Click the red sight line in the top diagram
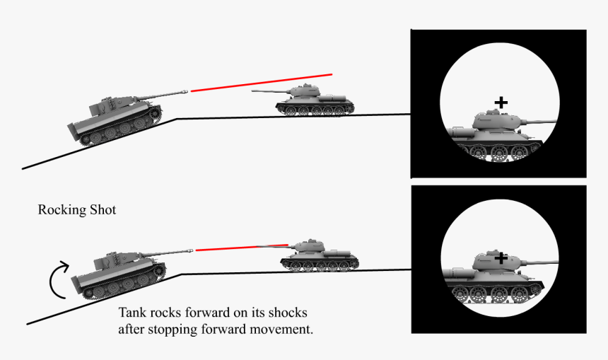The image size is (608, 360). coord(261,82)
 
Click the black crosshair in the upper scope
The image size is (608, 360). coord(501,103)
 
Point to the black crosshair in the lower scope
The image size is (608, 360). coord(501,259)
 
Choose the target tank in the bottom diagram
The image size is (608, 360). coord(318,256)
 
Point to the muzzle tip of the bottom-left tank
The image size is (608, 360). coord(191,250)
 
